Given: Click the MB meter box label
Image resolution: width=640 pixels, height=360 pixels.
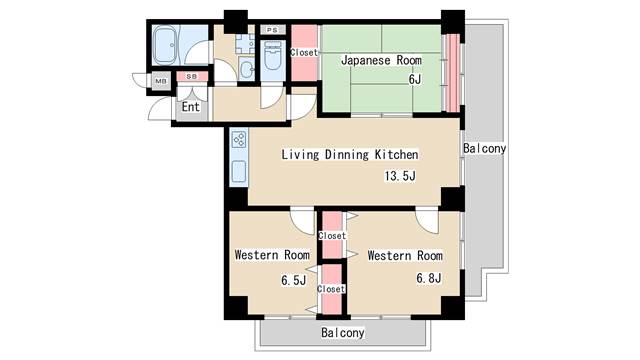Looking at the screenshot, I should [x=160, y=81].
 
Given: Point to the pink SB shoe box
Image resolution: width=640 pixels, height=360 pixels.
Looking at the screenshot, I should [x=191, y=77].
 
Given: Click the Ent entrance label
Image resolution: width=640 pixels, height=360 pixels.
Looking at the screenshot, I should [x=190, y=107].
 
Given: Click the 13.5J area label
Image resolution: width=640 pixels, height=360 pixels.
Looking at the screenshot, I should [x=400, y=178].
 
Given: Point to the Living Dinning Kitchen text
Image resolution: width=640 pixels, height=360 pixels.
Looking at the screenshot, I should [x=349, y=155].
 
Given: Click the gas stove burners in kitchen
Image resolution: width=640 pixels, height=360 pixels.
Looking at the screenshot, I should [x=240, y=140].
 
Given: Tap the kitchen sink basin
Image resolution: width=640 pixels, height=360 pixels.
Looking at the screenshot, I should [x=240, y=170].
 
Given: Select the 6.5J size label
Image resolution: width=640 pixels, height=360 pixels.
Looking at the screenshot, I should [x=294, y=281].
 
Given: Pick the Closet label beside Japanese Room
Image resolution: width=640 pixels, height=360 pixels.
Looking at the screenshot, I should [x=303, y=52].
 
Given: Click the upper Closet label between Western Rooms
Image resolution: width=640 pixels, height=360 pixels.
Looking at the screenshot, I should [x=332, y=236].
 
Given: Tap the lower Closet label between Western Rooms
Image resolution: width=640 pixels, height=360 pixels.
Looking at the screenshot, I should [x=332, y=289].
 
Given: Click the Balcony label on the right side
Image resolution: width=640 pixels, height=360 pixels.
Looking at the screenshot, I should [x=484, y=149].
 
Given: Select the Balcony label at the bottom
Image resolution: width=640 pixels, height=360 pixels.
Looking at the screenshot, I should [x=342, y=332].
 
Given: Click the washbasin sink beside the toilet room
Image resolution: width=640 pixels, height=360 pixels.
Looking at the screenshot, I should [x=246, y=67].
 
